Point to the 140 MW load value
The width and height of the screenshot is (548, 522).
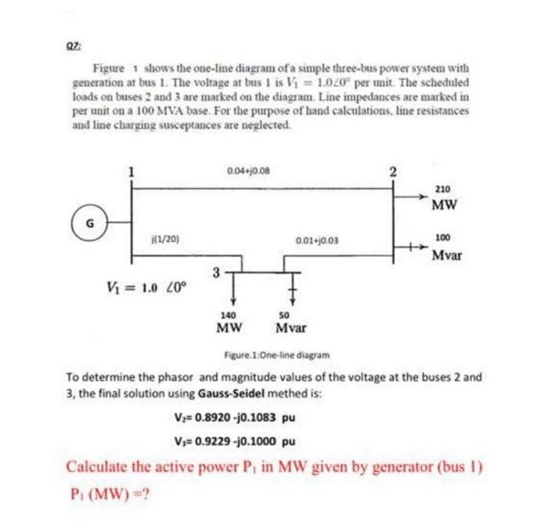click(230, 321)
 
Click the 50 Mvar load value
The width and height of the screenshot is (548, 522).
click(290, 321)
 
